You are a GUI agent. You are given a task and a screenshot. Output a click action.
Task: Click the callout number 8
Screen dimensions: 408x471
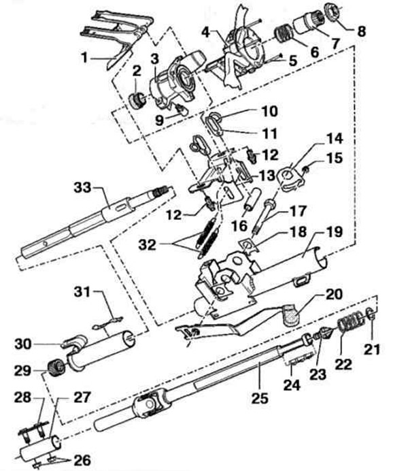click(362, 31)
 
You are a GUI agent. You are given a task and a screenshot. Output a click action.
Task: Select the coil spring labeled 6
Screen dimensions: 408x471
click(283, 33)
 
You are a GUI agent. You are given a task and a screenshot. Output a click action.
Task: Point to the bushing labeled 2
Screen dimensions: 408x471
click(138, 101)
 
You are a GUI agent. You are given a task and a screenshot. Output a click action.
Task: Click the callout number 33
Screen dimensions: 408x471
click(82, 187)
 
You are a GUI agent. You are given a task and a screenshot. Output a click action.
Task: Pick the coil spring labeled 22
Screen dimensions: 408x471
click(350, 322)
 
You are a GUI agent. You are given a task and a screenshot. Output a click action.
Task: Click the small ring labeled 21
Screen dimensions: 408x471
click(371, 314)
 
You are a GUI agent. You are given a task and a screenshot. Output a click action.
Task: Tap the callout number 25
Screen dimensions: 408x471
click(260, 399)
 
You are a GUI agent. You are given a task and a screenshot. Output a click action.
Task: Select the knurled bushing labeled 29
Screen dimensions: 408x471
click(56, 368)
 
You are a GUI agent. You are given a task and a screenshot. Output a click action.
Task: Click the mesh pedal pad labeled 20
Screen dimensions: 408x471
click(290, 315)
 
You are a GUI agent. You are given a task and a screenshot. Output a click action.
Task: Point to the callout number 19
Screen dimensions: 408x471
click(334, 231)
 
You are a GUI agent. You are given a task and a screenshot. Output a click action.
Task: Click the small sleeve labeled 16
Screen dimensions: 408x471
click(252, 199)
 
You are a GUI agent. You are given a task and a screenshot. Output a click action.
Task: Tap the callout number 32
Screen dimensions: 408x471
click(148, 245)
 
